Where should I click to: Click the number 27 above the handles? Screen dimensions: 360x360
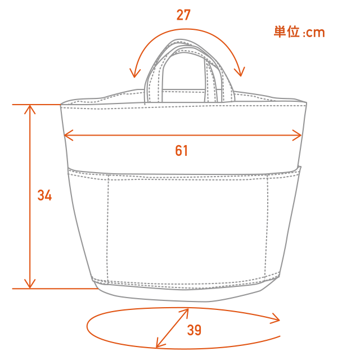pos(183,15)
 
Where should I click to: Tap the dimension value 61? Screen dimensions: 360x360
pos(181,151)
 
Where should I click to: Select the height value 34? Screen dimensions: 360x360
pos(44,195)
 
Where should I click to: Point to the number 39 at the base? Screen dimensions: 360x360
pos(194,330)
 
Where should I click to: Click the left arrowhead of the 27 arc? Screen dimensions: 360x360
pos(134,73)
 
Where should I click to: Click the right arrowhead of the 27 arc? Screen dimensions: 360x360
pos(240,71)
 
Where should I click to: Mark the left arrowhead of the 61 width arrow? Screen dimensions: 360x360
pos(69,135)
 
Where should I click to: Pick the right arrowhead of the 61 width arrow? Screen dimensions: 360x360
pos(297,135)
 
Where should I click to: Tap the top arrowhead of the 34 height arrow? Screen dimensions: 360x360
pos(30,109)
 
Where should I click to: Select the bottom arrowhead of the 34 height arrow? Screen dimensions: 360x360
pos(30,283)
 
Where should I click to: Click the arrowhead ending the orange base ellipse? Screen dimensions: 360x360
pos(276,319)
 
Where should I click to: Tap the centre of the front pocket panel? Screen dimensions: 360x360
pos(187,228)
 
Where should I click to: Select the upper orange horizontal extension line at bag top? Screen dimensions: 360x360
pos(36,105)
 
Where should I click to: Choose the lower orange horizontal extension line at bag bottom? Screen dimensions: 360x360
pos(55,289)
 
